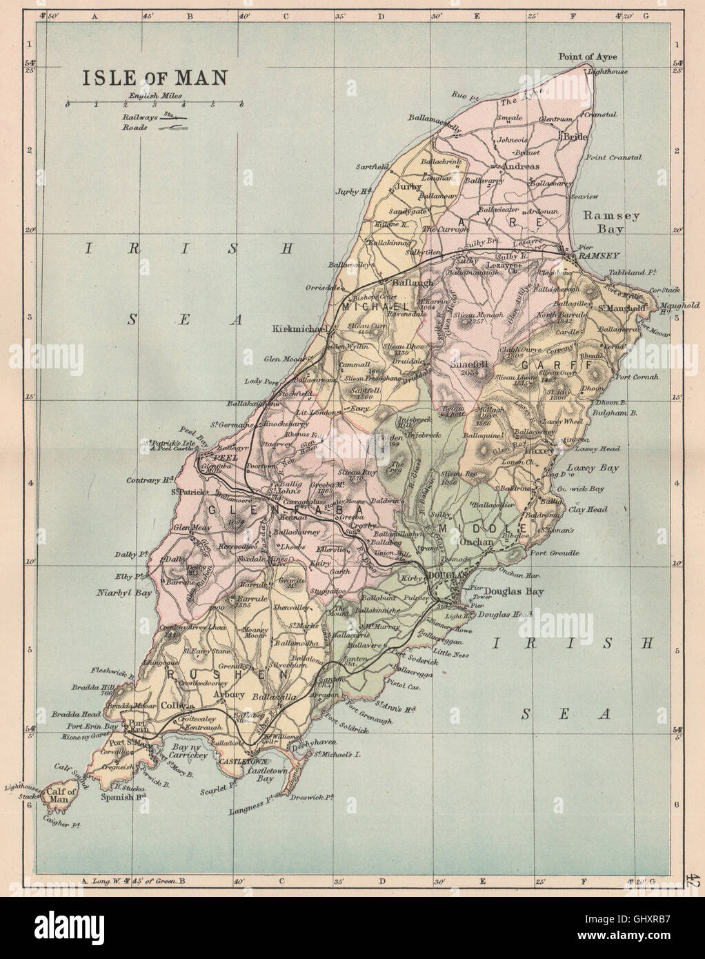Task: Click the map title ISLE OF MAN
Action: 155,77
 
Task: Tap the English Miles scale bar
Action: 154,106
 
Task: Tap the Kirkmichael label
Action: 299,329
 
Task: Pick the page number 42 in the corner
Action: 692,880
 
